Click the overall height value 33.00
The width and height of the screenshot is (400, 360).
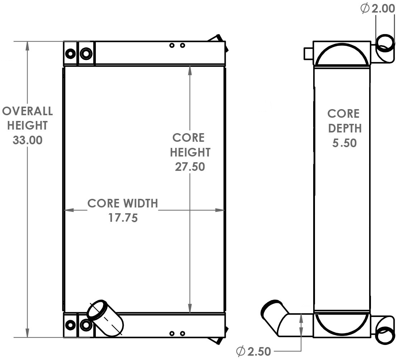tap(27, 140)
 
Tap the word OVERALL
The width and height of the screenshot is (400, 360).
tap(27, 111)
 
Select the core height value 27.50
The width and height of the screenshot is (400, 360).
tap(190, 167)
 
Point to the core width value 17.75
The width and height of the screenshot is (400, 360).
tap(123, 218)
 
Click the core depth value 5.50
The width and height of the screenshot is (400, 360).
tap(344, 143)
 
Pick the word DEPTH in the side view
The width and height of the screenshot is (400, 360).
tap(344, 128)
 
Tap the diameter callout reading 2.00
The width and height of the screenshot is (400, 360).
tap(382, 9)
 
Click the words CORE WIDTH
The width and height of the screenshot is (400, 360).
tap(123, 204)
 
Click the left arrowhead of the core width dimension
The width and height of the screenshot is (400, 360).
tap(68, 210)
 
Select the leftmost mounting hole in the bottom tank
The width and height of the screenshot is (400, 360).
tap(70, 325)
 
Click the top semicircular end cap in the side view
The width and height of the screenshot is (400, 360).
tap(342, 55)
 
